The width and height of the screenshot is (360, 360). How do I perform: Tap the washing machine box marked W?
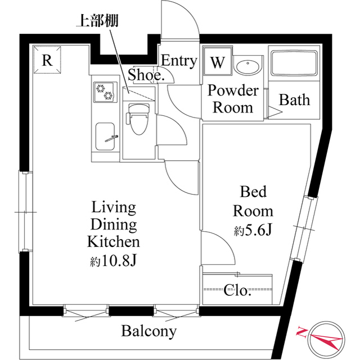(x=217, y=62)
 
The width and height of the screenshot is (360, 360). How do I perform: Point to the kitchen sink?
(x=106, y=137)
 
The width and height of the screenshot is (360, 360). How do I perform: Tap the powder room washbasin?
(x=247, y=66)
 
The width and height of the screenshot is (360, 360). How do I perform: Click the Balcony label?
(x=149, y=331)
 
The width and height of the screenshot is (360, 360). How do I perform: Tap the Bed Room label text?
(x=253, y=201)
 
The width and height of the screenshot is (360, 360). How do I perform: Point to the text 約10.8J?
(x=114, y=261)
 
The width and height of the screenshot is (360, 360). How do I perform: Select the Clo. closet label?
(x=237, y=291)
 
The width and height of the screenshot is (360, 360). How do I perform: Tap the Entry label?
(x=179, y=61)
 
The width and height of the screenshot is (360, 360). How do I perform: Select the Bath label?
(x=295, y=100)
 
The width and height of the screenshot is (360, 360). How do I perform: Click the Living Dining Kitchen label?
(x=113, y=225)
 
